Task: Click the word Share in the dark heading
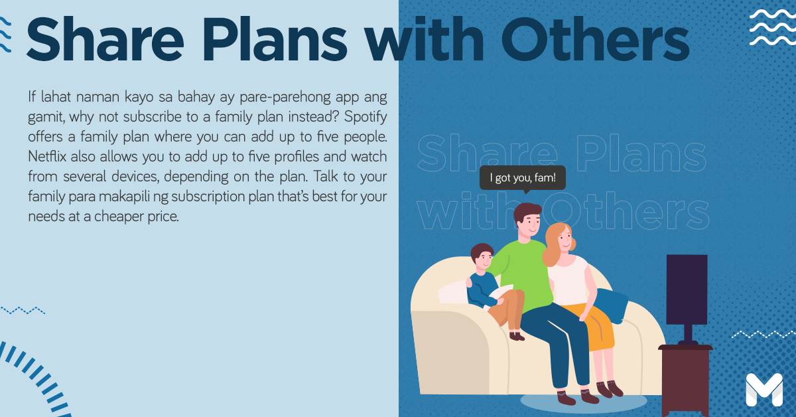105,39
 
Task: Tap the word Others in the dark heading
596,39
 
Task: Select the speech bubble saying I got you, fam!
523,178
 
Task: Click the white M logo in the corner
764,390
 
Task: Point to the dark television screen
687,290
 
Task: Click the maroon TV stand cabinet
685,380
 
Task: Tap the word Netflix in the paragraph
47,157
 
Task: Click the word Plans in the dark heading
275,39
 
